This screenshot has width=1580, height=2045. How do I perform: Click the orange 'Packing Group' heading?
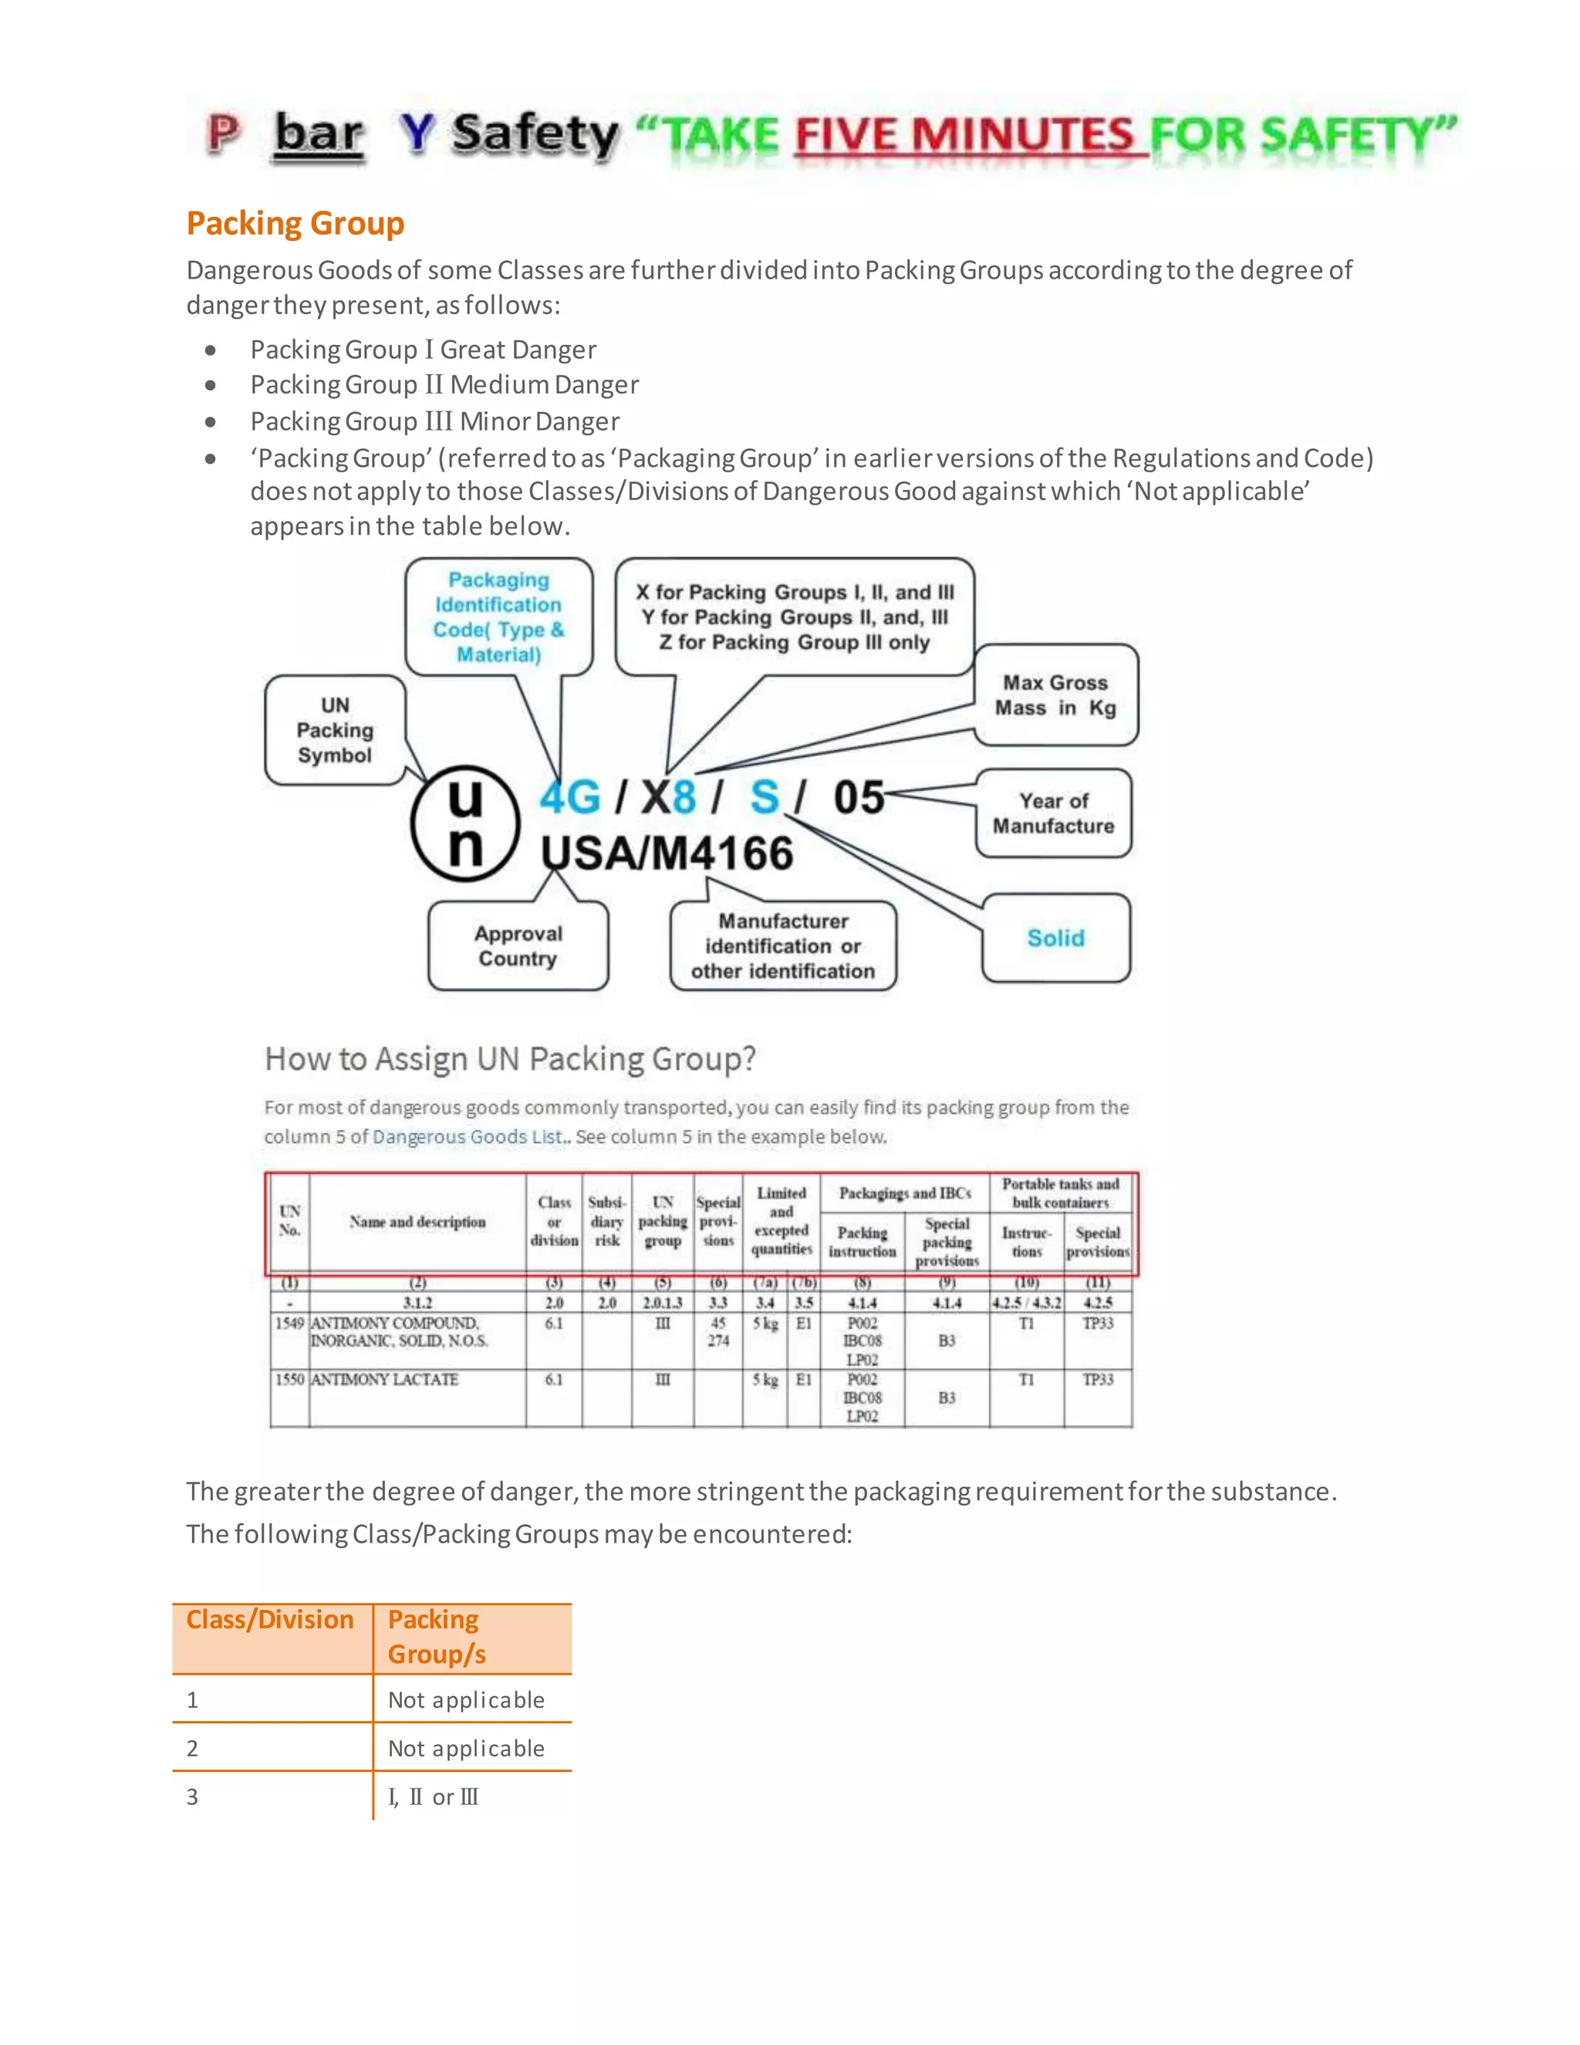click(295, 224)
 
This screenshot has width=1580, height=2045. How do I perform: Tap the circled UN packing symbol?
click(464, 823)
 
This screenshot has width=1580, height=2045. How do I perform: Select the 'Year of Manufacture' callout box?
click(1053, 813)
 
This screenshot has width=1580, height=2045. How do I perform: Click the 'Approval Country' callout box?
click(518, 946)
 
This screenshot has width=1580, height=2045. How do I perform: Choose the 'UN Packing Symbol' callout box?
click(335, 730)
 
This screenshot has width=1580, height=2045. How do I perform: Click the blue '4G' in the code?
click(569, 798)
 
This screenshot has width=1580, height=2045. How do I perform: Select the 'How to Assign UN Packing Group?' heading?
click(510, 1059)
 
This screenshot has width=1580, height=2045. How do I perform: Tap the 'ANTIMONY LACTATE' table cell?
click(385, 1379)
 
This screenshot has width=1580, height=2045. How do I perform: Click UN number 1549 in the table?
click(289, 1323)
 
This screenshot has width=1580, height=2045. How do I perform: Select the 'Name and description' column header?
click(417, 1222)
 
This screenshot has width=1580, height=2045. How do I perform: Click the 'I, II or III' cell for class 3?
click(434, 1797)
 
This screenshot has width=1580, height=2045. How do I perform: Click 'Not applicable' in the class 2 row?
click(466, 1748)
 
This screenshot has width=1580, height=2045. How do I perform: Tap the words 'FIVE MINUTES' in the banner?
click(964, 136)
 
